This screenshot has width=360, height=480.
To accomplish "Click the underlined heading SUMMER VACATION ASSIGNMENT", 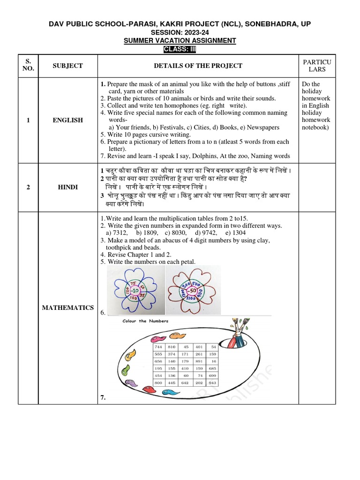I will click(x=180, y=41).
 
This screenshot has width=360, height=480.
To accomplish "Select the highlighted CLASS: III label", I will click(x=180, y=49).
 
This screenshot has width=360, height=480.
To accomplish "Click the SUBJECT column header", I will click(x=67, y=66).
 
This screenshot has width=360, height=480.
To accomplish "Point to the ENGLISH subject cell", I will click(x=67, y=120).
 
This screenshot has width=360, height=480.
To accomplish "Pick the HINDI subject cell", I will click(x=67, y=187).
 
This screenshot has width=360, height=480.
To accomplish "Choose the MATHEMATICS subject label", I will click(x=67, y=307).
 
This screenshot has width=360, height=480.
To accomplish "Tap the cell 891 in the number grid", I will click(x=199, y=361).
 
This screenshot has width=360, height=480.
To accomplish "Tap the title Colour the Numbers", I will click(x=142, y=321).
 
